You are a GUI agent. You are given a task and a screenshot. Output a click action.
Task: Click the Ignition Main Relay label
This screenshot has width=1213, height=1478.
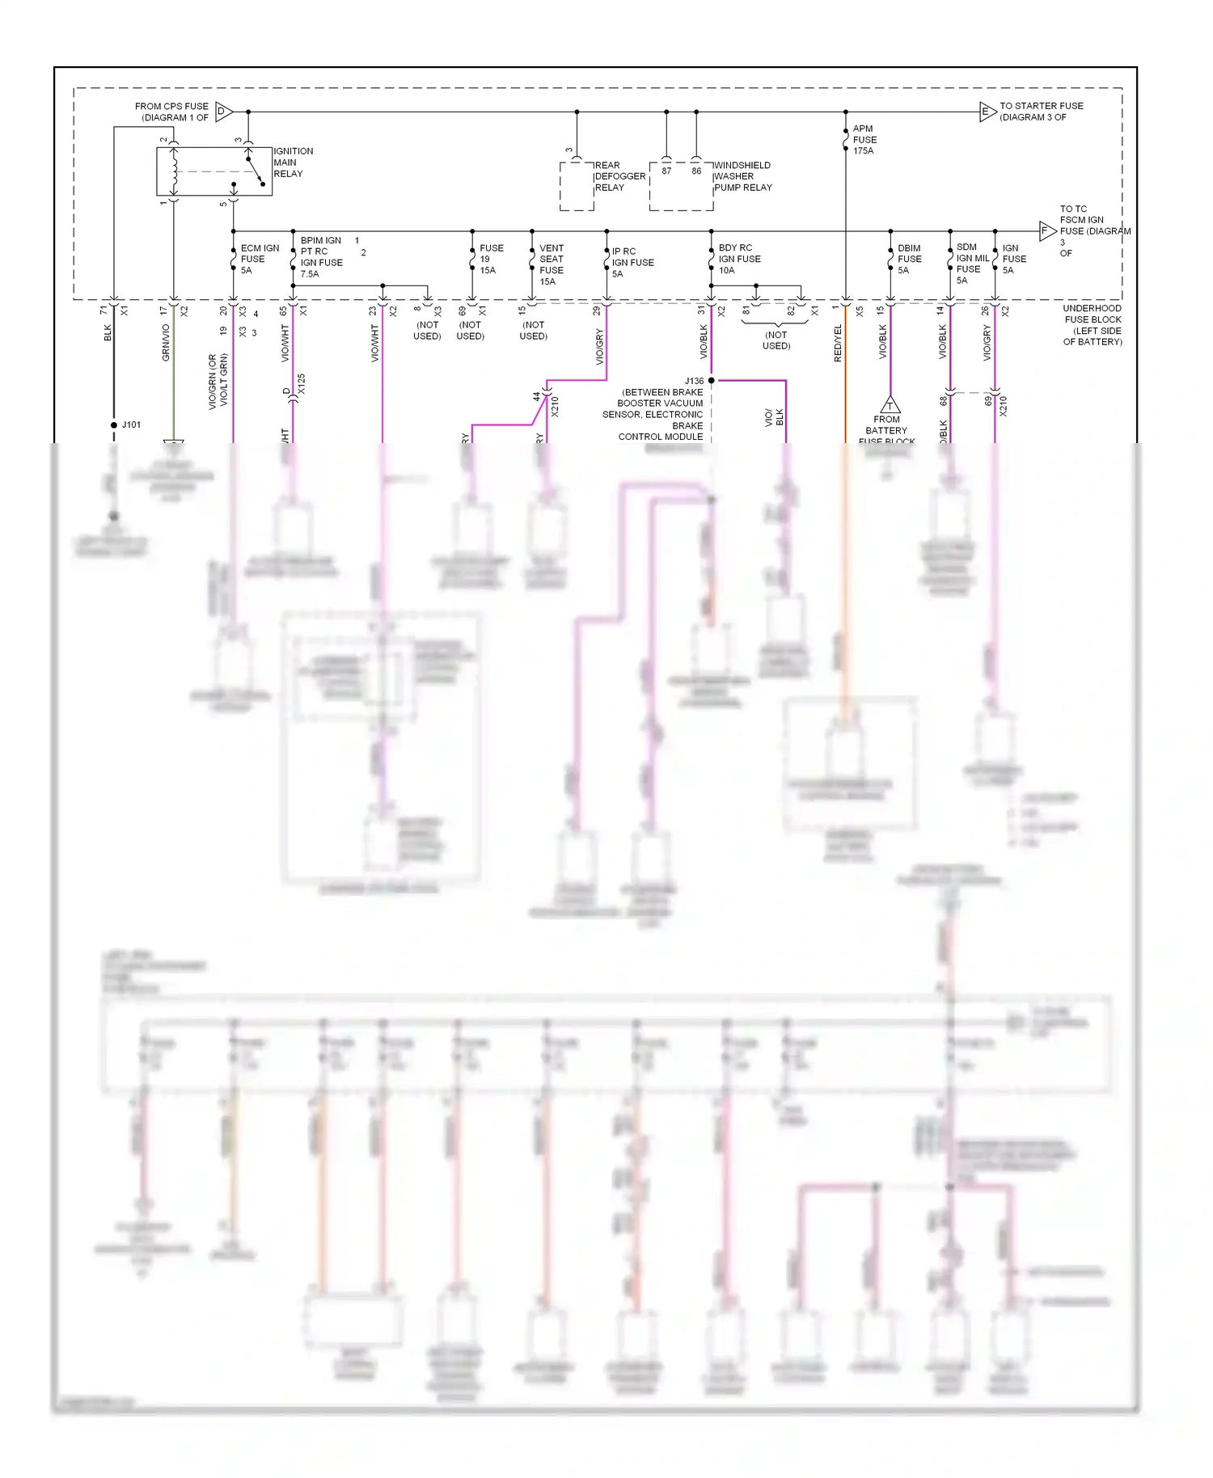[x=293, y=163]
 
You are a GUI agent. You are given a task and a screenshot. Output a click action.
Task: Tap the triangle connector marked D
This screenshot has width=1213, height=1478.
[x=224, y=112]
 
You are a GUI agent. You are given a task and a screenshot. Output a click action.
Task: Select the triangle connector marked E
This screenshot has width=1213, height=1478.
[x=987, y=112]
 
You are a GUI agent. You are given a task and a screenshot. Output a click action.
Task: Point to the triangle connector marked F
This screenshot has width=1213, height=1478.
[x=1046, y=231]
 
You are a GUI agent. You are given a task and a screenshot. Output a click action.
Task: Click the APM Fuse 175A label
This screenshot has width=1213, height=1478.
[x=864, y=140]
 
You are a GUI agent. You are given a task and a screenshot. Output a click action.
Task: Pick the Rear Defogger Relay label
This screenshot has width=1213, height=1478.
[x=619, y=176]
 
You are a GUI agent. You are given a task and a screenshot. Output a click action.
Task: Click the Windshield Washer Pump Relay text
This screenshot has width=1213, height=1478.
[x=742, y=176]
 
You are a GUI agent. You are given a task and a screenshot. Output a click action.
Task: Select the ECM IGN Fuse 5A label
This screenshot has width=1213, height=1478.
[x=259, y=260]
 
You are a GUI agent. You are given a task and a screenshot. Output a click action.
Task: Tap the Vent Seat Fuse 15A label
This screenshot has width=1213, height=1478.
[x=552, y=265]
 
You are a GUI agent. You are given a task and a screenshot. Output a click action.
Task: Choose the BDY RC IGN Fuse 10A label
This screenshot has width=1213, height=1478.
[x=739, y=260]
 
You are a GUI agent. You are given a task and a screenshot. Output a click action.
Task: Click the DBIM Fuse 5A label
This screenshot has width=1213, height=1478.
[x=909, y=260]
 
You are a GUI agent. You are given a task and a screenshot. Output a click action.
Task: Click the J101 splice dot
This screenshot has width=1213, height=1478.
[x=114, y=424]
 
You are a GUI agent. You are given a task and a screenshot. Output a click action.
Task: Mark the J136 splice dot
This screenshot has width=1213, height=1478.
[x=711, y=380]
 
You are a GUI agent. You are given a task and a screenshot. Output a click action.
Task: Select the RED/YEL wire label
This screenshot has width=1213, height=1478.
[x=838, y=343]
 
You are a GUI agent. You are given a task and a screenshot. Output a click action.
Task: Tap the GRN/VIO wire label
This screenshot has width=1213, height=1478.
[x=166, y=343]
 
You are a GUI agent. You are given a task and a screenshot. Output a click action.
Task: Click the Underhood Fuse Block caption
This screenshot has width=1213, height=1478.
[x=1092, y=325]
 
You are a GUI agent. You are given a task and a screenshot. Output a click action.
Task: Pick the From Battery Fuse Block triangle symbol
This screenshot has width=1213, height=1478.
[x=890, y=405]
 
